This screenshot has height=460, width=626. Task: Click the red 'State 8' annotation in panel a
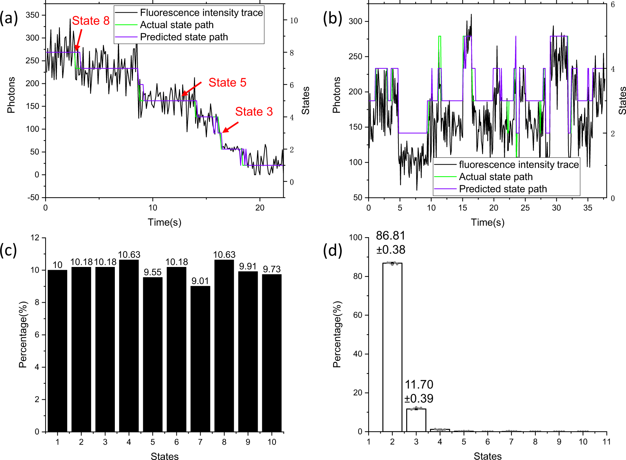[91, 21]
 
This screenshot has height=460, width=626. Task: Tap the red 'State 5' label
[227, 83]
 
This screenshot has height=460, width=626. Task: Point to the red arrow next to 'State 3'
[230, 127]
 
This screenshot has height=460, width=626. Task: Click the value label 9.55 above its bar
[153, 273]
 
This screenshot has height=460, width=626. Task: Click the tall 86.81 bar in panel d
[392, 347]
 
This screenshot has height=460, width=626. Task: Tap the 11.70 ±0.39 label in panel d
[419, 391]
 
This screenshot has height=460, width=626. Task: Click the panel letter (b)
[332, 18]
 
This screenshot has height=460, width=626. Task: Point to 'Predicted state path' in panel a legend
[184, 37]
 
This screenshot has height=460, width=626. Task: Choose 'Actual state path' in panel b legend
[495, 177]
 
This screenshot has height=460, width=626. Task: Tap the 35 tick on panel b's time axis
[587, 208]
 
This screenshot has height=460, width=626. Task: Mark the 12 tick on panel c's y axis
[35, 238]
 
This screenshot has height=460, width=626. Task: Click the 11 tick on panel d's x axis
[606, 442]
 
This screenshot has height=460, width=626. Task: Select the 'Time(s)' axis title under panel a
[164, 222]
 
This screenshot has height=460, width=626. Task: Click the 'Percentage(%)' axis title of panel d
[337, 334]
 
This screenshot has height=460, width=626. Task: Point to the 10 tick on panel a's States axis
[294, 21]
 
